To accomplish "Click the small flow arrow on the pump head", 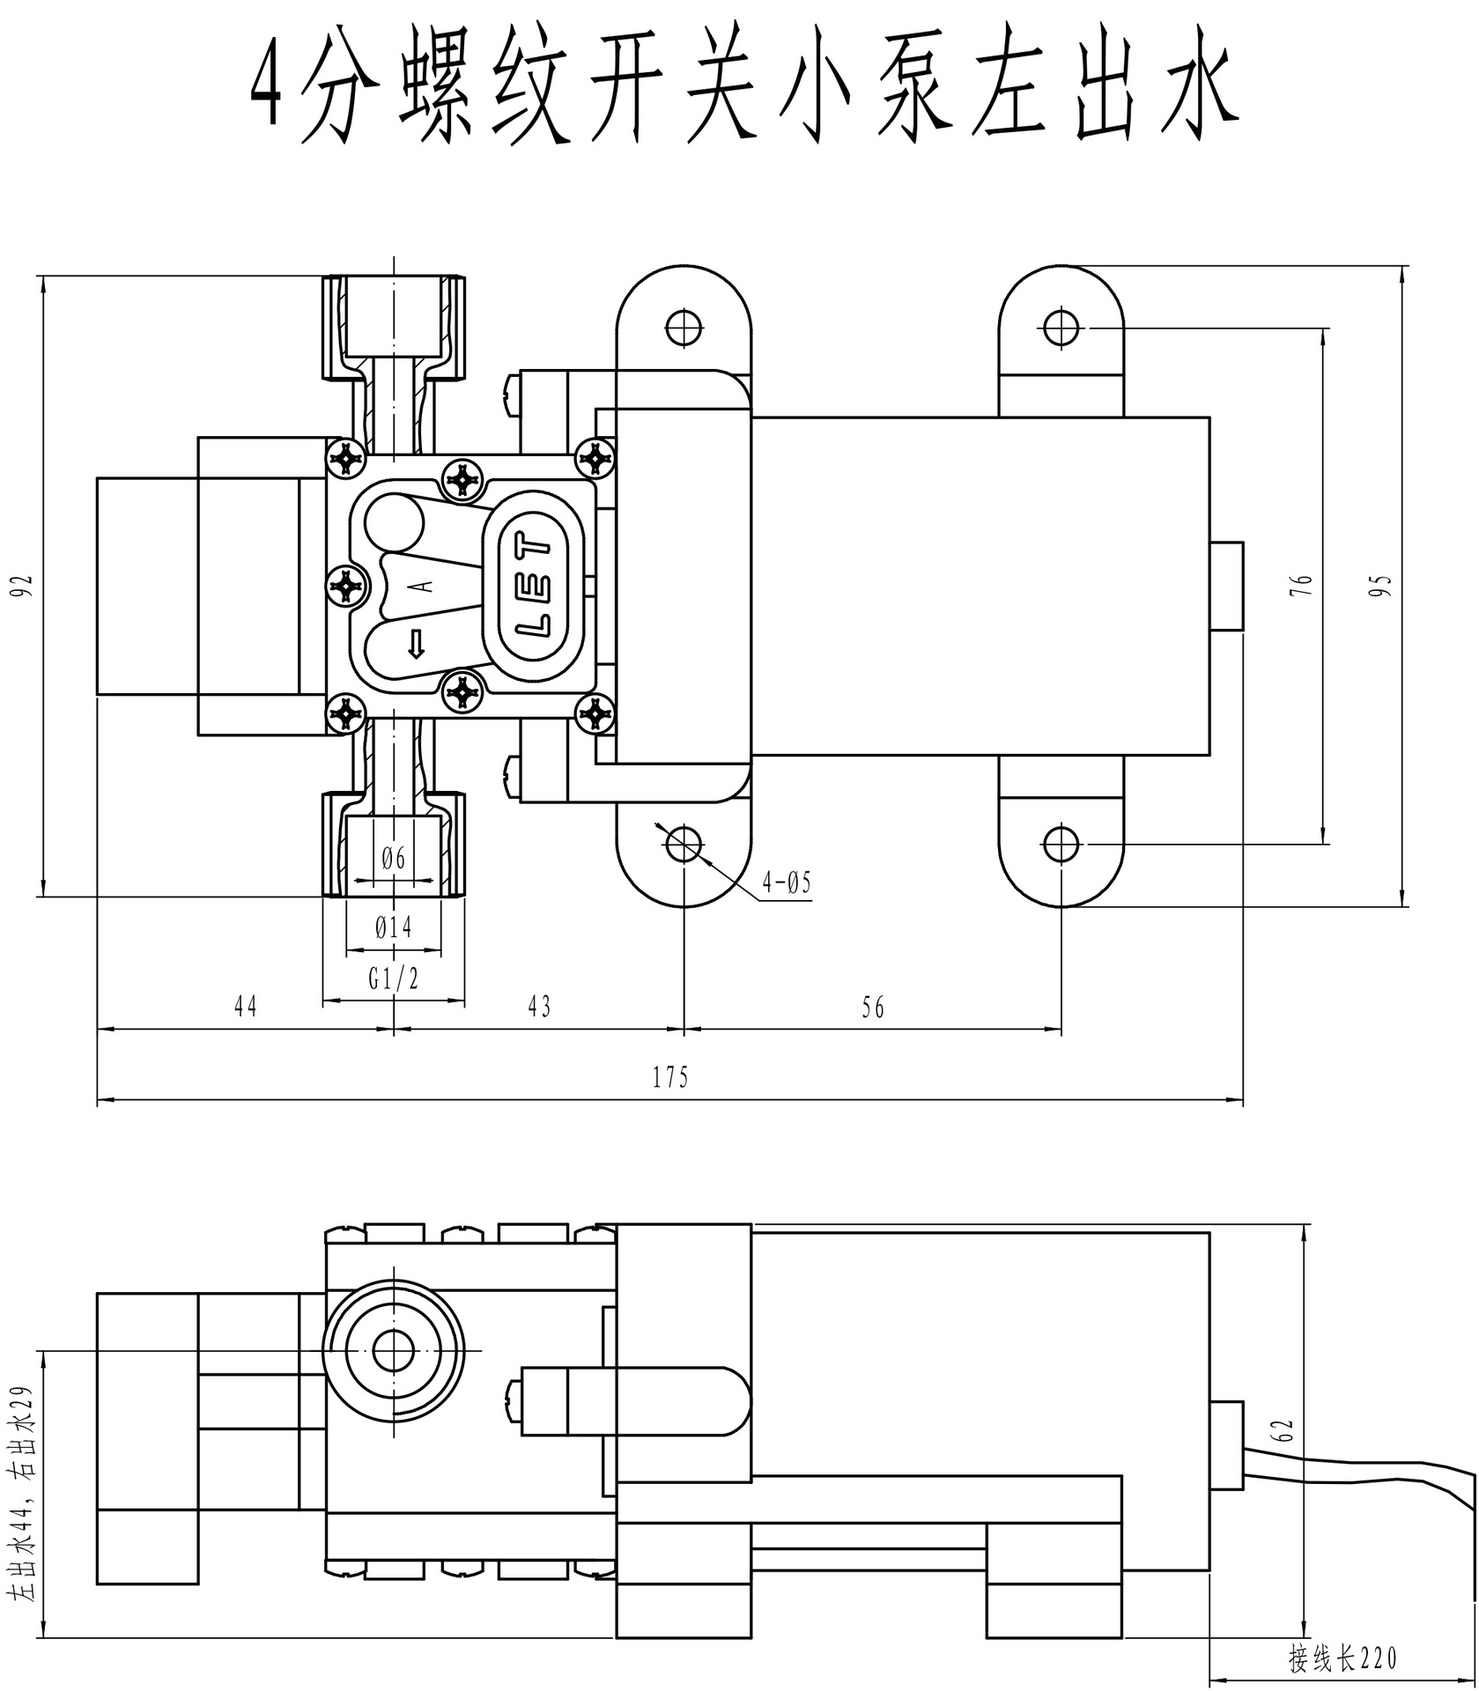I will click(x=416, y=645).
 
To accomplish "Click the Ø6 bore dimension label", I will click(x=393, y=856).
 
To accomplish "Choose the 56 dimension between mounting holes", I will click(x=872, y=1007).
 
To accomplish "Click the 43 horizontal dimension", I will click(x=538, y=1007).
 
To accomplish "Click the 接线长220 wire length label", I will click(x=1342, y=1658).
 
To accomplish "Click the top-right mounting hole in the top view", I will click(x=1061, y=328).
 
